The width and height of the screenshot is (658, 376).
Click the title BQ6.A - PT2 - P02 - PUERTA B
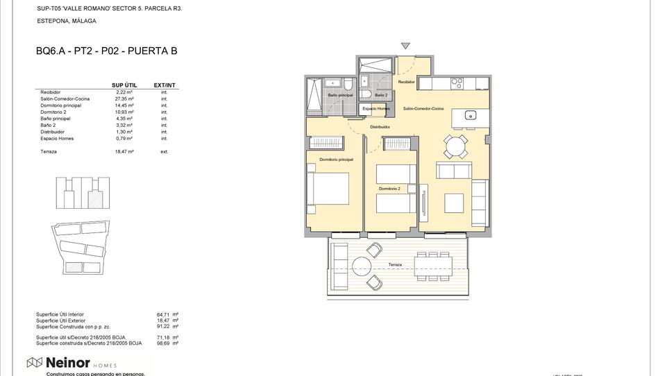(x=106, y=51)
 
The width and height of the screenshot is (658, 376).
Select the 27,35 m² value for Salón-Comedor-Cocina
(x=124, y=99)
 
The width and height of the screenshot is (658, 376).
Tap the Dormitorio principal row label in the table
(x=61, y=105)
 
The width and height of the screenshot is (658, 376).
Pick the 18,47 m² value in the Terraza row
(x=124, y=151)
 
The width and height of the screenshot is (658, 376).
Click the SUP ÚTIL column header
(x=124, y=85)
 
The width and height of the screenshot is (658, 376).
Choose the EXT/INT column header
(x=164, y=85)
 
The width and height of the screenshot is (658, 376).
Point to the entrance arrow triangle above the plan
(x=405, y=46)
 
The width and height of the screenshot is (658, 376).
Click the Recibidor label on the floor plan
(x=406, y=82)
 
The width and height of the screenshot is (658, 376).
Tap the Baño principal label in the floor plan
(x=340, y=95)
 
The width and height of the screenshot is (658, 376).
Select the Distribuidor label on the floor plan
(x=380, y=127)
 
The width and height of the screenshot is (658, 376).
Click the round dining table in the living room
(x=456, y=146)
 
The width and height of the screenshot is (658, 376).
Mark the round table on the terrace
(x=362, y=266)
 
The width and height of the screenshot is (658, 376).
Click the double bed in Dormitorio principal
(x=329, y=189)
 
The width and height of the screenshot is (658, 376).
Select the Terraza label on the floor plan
(x=395, y=264)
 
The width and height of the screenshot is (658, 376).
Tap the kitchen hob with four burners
(x=457, y=82)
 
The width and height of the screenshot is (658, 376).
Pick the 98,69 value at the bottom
(x=163, y=343)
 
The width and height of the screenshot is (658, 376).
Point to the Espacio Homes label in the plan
(x=376, y=110)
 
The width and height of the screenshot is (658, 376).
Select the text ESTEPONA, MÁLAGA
(x=66, y=22)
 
